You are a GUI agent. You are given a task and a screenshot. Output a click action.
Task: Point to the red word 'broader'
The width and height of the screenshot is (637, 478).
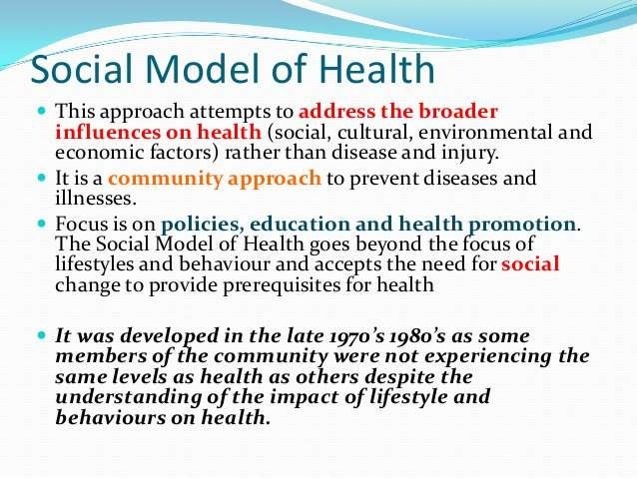coord(455,109)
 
